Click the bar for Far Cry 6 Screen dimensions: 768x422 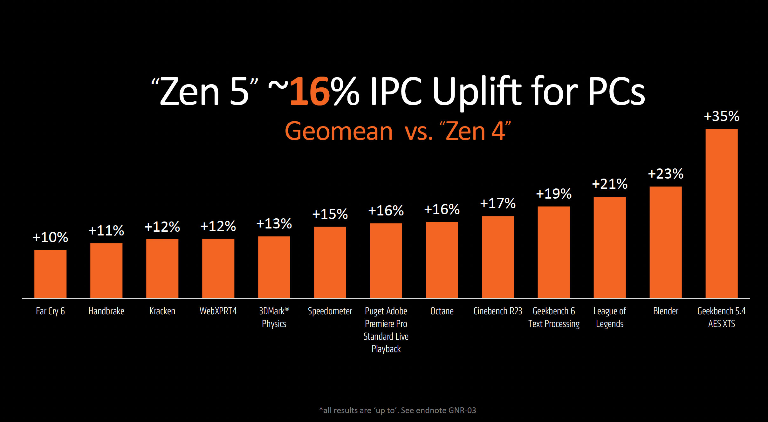[50, 274]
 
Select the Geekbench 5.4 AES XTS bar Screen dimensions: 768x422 [722, 214]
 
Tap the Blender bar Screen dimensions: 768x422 [666, 242]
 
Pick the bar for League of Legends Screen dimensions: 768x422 [610, 247]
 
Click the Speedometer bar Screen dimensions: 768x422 [330, 262]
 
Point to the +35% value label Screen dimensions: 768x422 [722, 116]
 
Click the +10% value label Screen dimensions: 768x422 [50, 237]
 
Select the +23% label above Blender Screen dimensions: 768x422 [666, 174]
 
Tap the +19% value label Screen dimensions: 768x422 [554, 194]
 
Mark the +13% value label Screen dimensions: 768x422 [274, 224]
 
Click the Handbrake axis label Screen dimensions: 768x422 [106, 311]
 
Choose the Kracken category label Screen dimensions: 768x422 [162, 311]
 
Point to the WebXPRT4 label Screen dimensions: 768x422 [218, 311]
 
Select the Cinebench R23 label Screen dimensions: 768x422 [498, 311]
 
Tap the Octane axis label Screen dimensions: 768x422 [442, 311]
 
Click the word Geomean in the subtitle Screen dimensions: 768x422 [339, 131]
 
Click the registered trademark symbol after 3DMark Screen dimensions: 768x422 [287, 309]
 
